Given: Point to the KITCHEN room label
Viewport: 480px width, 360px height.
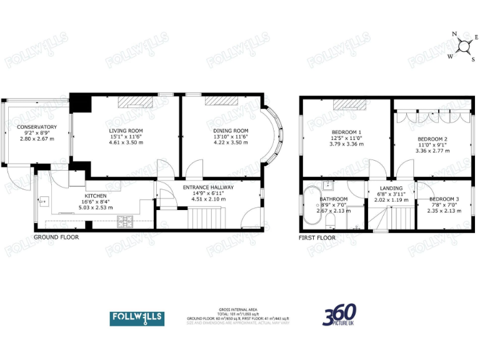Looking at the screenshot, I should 96,196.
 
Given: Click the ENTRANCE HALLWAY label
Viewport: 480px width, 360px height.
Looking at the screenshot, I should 208,187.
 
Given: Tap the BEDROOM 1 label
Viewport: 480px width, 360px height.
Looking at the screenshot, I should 346,132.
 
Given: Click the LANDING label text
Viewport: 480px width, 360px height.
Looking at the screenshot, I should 391,188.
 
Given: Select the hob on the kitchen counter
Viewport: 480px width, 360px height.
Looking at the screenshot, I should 126,219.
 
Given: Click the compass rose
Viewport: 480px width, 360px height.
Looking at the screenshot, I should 464,46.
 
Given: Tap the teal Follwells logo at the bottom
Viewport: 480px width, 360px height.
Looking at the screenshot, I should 137,318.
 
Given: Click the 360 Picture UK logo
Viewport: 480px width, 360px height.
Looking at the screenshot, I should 340,316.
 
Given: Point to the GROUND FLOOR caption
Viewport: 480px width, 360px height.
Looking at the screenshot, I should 56,237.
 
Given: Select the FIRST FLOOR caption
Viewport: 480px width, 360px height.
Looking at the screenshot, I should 317,237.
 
